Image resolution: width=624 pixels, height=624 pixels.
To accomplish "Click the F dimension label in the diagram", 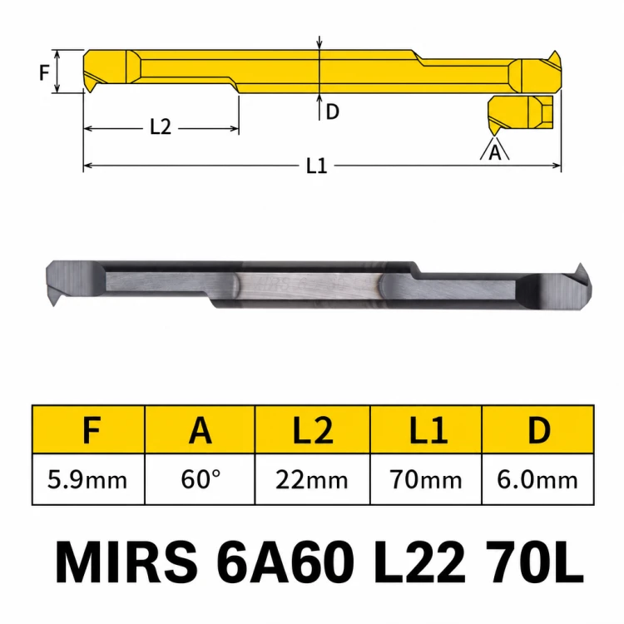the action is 44,72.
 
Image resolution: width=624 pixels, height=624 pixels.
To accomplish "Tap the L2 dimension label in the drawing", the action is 161,127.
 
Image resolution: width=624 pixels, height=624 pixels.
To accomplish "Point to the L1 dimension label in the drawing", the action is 317,166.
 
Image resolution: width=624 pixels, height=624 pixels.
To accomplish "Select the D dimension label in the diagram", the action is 332,111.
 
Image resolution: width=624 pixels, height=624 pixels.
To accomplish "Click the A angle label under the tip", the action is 495,152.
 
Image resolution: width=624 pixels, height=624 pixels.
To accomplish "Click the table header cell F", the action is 88,430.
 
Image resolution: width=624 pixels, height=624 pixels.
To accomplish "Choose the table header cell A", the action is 200,430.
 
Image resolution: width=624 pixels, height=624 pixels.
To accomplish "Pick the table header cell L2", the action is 312,430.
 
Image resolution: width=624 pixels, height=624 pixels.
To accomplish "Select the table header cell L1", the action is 426,430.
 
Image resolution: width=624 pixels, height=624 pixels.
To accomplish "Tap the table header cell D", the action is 538,430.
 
